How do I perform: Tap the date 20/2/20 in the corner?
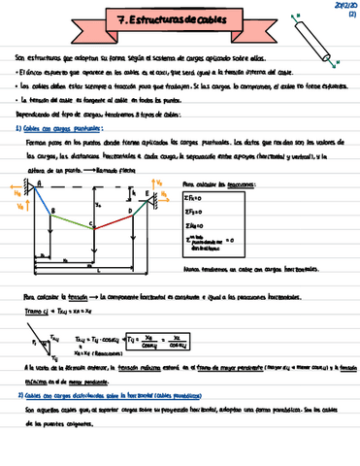point(344,5)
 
